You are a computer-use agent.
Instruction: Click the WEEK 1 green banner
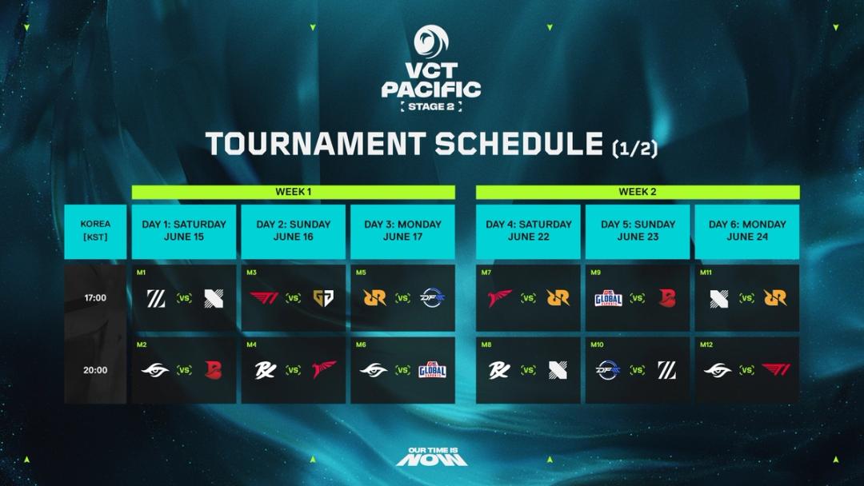(x=293, y=192)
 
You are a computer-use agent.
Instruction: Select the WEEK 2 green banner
(x=638, y=192)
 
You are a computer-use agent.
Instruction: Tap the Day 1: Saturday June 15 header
(x=184, y=230)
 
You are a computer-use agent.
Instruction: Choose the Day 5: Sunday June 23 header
(x=638, y=230)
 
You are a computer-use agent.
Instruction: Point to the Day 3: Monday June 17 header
(x=402, y=230)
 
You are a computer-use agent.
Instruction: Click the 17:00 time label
(x=95, y=298)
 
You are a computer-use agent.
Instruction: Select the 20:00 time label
(x=95, y=370)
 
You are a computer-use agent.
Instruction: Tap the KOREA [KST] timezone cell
(x=95, y=230)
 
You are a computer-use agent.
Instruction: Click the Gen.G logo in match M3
(x=323, y=298)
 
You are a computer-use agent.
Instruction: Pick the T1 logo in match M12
(x=774, y=370)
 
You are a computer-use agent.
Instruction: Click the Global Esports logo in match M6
(x=432, y=370)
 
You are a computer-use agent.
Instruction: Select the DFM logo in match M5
(x=432, y=298)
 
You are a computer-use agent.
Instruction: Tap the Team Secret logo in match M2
(x=155, y=370)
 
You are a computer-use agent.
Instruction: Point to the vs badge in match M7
(x=528, y=298)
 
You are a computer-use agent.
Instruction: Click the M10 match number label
(x=597, y=345)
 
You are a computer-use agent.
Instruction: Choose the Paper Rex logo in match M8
(x=500, y=370)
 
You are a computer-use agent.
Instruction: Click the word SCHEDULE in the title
(x=518, y=144)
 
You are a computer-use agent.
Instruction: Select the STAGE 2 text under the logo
(x=431, y=106)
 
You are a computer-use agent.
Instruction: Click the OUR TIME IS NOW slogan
(x=431, y=456)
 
